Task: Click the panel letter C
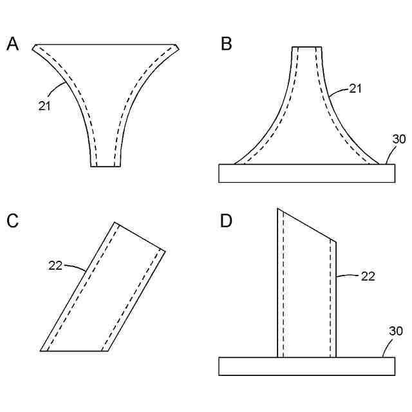12,221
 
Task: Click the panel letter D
226,221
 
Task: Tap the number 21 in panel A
44,106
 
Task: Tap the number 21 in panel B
355,89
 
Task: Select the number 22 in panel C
55,264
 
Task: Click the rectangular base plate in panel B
306,174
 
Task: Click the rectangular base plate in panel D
306,366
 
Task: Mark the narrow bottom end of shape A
106,166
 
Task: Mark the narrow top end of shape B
306,48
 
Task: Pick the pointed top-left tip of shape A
34,46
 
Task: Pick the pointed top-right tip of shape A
177,46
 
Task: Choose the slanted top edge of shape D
307,225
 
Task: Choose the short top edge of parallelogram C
140,236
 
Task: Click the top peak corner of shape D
278,209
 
